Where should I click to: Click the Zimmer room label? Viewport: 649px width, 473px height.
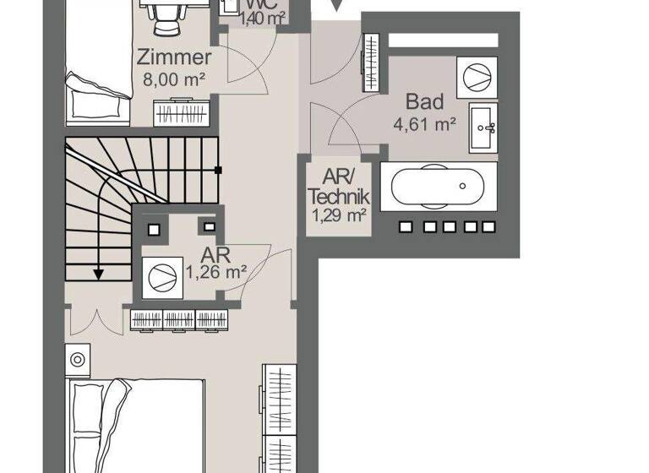point(173,57)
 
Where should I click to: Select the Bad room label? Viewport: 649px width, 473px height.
point(424,102)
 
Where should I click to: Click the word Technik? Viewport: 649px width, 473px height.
point(340,197)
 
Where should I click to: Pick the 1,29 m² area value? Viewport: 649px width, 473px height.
point(340,215)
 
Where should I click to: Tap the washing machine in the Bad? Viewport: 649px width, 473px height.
point(476,74)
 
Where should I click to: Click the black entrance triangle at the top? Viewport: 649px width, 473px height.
point(336,7)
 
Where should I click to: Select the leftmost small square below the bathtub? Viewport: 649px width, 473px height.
point(405,226)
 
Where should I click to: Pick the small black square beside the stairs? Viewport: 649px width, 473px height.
point(218,170)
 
